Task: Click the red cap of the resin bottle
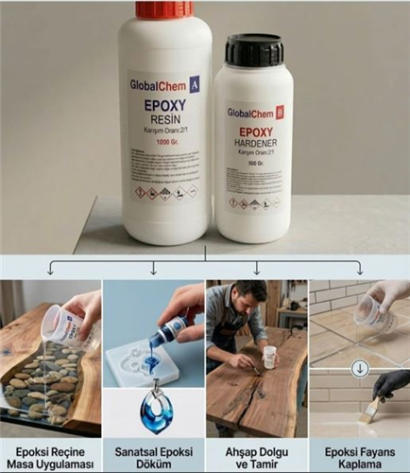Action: pos(164,9)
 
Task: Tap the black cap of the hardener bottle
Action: pos(254,49)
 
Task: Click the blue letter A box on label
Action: pos(195,83)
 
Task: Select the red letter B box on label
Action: pos(279,113)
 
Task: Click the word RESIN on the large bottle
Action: pos(164,120)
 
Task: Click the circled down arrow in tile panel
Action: pos(360,368)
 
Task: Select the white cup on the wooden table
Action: pos(269,357)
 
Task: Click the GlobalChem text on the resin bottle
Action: pos(157,84)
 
